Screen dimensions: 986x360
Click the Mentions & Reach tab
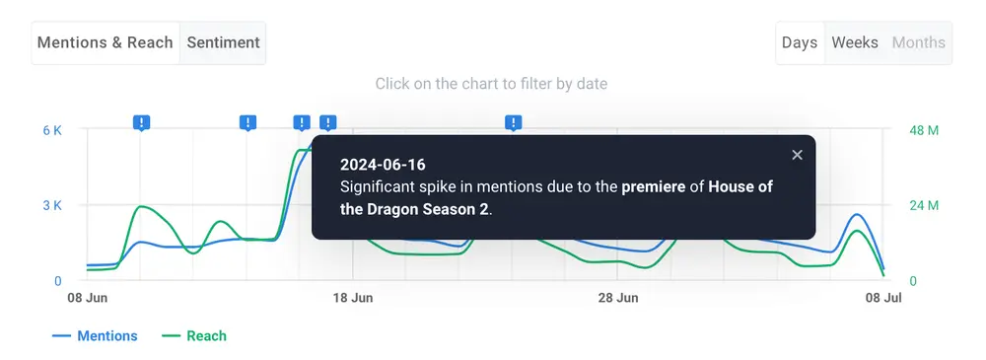(106, 42)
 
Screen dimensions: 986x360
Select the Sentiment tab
(223, 42)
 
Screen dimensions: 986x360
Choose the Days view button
(800, 42)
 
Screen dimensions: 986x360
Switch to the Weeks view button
(855, 42)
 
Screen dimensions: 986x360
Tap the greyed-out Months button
(919, 42)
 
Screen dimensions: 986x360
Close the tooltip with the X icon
(797, 155)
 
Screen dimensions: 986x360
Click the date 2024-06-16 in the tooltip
(383, 165)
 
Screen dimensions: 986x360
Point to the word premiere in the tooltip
(654, 187)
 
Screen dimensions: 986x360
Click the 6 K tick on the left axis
(52, 130)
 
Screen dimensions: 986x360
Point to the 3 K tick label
(52, 206)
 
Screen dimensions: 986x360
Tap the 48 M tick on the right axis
(924, 130)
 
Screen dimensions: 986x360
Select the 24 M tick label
(924, 206)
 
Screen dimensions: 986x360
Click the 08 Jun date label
(88, 298)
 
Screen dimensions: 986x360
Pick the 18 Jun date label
(353, 298)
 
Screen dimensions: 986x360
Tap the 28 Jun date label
(618, 298)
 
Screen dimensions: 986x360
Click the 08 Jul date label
(883, 298)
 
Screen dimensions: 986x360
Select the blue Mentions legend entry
(95, 336)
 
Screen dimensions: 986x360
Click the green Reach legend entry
(193, 336)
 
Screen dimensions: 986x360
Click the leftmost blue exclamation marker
(141, 122)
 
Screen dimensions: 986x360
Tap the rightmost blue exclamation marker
(514, 122)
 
